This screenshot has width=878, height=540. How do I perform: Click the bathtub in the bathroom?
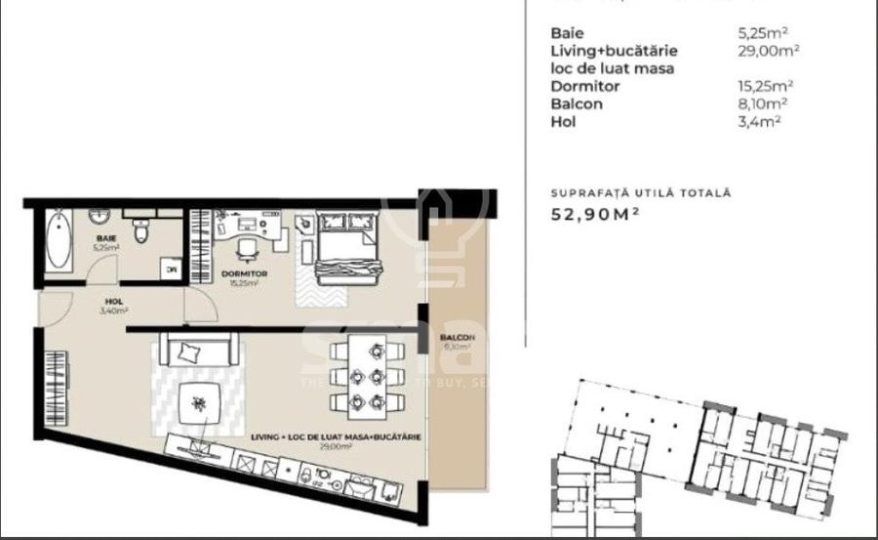tap(57, 243)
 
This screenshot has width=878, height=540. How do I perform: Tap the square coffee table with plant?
tap(200, 402)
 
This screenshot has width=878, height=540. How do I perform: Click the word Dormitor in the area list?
tap(585, 86)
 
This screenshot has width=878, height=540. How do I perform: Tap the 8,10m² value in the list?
tap(764, 104)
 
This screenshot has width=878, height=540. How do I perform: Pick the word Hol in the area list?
tap(563, 121)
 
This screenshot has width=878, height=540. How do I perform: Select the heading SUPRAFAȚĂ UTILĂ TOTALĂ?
tap(640, 193)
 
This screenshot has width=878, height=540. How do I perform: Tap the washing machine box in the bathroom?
tap(171, 270)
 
